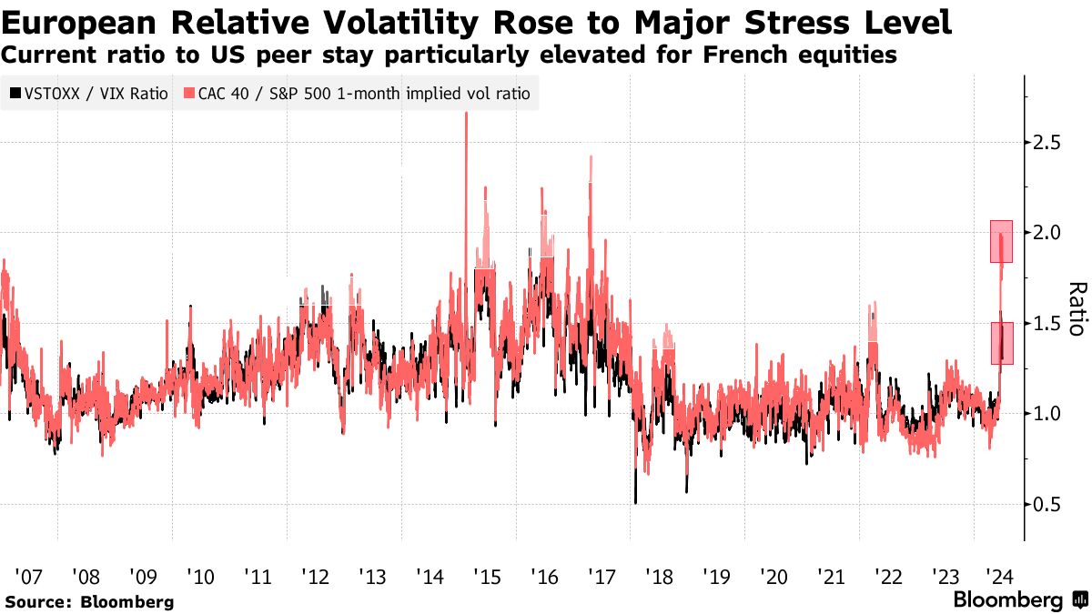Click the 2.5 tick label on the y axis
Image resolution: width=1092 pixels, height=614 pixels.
click(1048, 142)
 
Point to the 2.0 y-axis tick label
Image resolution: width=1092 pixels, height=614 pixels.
click(1048, 232)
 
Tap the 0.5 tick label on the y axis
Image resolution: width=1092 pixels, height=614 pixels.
click(1048, 504)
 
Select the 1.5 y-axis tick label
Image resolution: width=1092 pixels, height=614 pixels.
click(1048, 323)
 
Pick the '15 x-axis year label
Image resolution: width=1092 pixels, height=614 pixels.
click(487, 576)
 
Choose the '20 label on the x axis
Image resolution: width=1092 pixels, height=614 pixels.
click(773, 576)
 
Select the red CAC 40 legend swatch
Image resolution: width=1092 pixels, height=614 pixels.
click(189, 93)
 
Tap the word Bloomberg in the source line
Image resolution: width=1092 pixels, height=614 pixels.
click(127, 602)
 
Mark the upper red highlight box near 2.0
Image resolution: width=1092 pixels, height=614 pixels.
click(1001, 241)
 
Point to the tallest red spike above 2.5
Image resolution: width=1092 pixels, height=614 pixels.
click(466, 115)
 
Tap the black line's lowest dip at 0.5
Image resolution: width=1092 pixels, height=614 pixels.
click(635, 500)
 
